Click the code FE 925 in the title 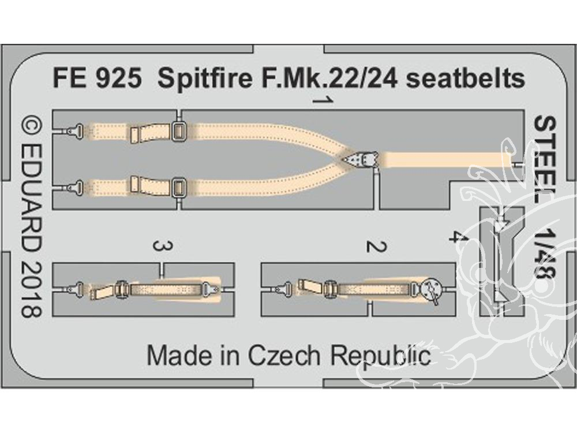pyautogui.click(x=97, y=79)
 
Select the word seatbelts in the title pyautogui.click(x=466, y=79)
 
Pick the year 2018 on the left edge pyautogui.click(x=31, y=291)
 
